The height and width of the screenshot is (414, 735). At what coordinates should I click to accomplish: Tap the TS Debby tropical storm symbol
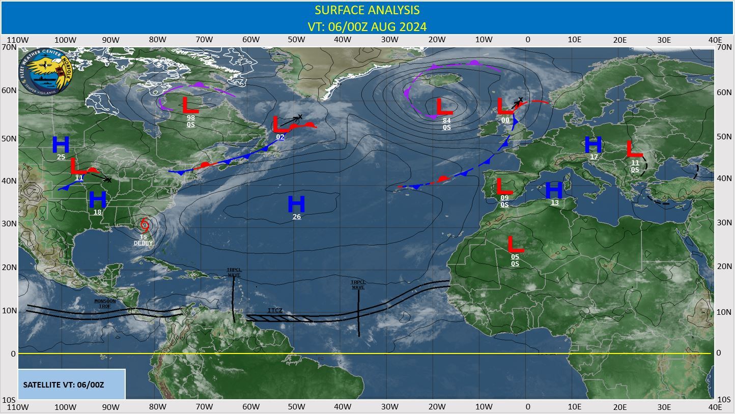click(x=145, y=225)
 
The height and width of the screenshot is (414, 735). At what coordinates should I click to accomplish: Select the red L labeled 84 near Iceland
click(x=444, y=107)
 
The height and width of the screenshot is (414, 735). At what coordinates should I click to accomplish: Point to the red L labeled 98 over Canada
click(x=190, y=105)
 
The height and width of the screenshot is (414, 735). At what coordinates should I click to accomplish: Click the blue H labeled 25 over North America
click(x=61, y=145)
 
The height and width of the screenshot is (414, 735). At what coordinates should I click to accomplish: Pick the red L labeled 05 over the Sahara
click(x=516, y=245)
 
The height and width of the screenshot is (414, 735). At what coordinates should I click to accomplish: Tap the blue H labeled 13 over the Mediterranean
click(x=554, y=190)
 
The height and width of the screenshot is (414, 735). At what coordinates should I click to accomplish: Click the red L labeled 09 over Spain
click(x=504, y=186)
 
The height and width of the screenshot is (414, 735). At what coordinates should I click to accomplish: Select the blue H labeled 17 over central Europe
click(x=593, y=145)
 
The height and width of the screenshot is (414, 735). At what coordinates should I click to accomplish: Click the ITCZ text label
click(x=275, y=310)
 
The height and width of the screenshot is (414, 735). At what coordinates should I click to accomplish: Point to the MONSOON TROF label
click(x=105, y=304)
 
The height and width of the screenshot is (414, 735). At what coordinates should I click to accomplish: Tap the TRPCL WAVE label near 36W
click(x=358, y=284)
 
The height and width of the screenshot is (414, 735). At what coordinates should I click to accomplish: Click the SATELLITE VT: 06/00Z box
click(x=71, y=385)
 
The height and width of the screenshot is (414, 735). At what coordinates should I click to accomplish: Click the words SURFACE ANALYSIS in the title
click(x=367, y=10)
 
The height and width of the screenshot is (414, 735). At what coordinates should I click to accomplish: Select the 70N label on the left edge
click(x=10, y=47)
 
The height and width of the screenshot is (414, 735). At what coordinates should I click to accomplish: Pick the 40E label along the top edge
click(x=715, y=40)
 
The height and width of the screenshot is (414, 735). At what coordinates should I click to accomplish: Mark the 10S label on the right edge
click(x=723, y=399)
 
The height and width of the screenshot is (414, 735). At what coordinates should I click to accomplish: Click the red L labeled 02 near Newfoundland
click(x=279, y=125)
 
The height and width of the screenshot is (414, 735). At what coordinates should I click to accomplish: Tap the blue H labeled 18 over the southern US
click(x=97, y=200)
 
